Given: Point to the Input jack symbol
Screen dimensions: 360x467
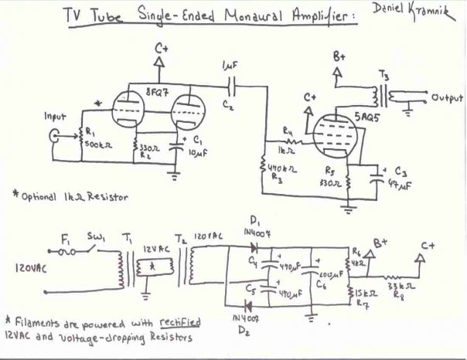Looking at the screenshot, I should coord(55,138).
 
